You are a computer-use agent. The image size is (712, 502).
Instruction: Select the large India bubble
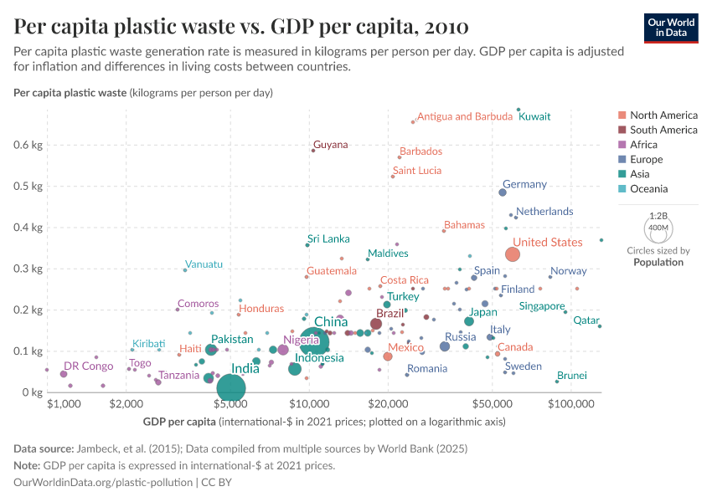coord(230,387)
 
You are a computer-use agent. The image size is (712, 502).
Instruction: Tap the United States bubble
coord(513,254)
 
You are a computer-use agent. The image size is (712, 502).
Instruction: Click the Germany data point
coord(503,192)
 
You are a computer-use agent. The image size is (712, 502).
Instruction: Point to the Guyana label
coord(330,145)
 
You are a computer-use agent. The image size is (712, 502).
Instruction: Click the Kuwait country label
coord(534,116)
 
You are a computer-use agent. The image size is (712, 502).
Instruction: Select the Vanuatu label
coord(204,264)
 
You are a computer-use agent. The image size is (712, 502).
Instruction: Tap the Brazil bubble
coord(376,324)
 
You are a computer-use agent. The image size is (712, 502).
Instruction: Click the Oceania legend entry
coord(648,188)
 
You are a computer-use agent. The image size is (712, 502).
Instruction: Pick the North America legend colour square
coord(621,115)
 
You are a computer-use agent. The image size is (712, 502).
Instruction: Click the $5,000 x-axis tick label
coord(230,404)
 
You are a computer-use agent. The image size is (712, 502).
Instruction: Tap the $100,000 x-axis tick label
coord(571,404)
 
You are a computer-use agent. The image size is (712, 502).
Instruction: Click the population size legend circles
coord(658,227)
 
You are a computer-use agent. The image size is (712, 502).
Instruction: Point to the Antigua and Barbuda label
coord(464,116)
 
